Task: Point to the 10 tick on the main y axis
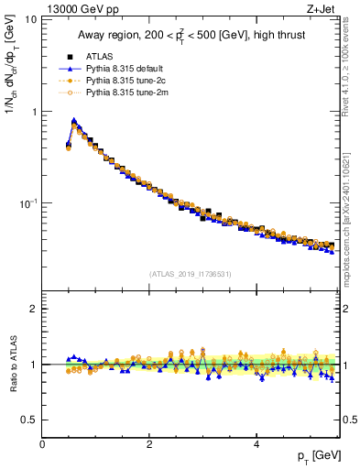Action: tap(31, 19)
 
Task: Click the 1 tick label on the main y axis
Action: tap(34, 112)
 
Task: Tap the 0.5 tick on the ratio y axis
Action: tap(29, 420)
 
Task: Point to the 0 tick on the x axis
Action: tap(43, 444)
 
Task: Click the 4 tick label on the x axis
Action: tap(256, 444)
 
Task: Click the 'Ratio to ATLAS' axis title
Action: tap(12, 365)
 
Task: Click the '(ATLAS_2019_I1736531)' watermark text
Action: tap(191, 273)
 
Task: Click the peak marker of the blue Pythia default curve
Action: tap(73, 120)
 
